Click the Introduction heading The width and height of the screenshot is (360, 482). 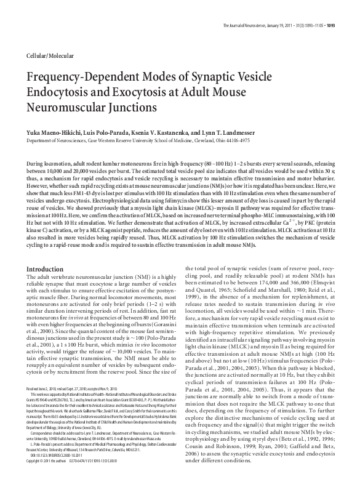point(47,270)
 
